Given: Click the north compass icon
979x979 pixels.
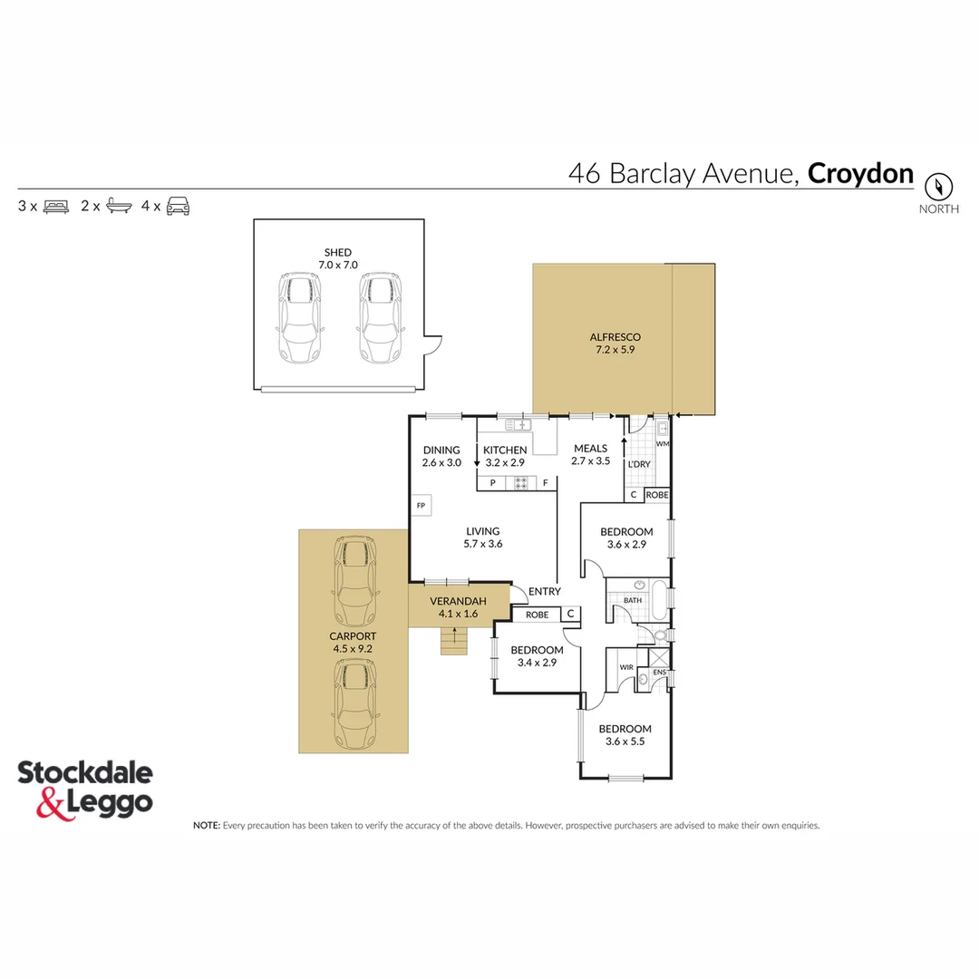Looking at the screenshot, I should tap(939, 187).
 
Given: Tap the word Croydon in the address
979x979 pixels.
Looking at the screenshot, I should tap(860, 173).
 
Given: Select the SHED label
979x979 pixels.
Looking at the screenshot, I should tap(338, 252).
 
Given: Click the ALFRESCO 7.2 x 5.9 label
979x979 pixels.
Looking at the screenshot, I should tap(602, 343).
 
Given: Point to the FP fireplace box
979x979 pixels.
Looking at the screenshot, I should tap(421, 505).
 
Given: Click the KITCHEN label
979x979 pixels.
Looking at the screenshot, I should tap(504, 451).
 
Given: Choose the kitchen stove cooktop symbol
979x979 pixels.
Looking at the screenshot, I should tap(521, 483).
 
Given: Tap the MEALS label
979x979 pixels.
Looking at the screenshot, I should tap(590, 449).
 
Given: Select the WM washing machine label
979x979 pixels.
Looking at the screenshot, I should tap(662, 444).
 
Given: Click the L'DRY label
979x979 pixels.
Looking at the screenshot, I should tap(639, 464).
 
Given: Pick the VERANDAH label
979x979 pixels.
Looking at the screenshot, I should tap(458, 601).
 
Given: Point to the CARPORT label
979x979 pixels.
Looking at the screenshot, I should tap(353, 636).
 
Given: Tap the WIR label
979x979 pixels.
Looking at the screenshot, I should tap(625, 667).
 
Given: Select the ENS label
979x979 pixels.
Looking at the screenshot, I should tap(659, 672).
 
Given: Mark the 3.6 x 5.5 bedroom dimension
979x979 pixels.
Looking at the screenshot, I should tap(625, 742).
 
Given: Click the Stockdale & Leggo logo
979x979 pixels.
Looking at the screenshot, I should tap(85, 788).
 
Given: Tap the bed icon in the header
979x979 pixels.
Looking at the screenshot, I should tap(56, 206).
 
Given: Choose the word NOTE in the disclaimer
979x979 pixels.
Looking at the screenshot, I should tap(206, 826).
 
